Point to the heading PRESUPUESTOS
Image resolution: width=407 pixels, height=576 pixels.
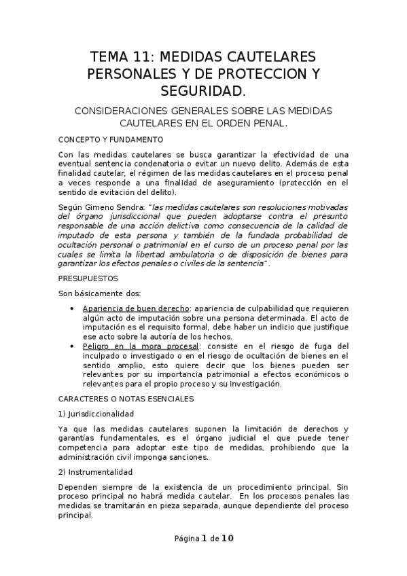88,278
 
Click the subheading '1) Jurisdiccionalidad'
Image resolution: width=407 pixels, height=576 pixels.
96,413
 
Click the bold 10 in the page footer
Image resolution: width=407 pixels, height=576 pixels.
227,539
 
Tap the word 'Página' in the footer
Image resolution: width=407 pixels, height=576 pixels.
185,539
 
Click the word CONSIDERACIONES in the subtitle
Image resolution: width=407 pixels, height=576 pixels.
128,110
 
